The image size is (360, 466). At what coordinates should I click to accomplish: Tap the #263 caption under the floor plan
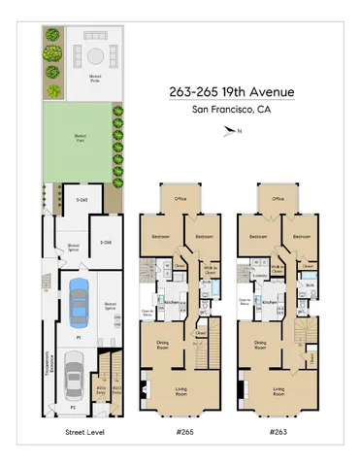click(278, 431)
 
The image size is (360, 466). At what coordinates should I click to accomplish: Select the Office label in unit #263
click(278, 199)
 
